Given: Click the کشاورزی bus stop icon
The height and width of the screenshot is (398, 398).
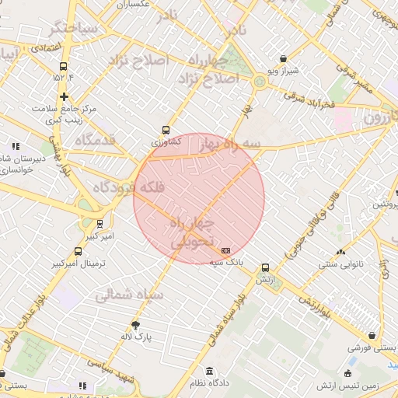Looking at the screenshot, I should point(166,131).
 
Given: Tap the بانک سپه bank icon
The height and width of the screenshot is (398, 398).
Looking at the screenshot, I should point(226,251).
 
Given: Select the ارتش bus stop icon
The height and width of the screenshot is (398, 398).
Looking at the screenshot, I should point(266,267).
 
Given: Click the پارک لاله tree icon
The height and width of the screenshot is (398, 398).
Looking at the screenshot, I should point(137,324).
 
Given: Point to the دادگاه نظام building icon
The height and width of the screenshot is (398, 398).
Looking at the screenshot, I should point(209,371).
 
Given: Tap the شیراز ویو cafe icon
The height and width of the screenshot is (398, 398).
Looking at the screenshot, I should point(283,59).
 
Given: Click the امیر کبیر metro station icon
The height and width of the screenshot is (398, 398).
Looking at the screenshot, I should point(88,223).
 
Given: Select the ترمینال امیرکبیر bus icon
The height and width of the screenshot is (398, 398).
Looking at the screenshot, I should point(78,252).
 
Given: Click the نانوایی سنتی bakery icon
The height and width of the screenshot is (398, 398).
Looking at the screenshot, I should point(340,252).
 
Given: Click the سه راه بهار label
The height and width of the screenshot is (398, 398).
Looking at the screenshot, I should point(229,145).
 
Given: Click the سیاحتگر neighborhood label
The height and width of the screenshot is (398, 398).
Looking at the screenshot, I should point(74,29).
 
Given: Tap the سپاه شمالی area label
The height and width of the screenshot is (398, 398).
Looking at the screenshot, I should point(129,295).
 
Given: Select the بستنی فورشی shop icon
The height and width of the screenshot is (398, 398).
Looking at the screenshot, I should point(373,336).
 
